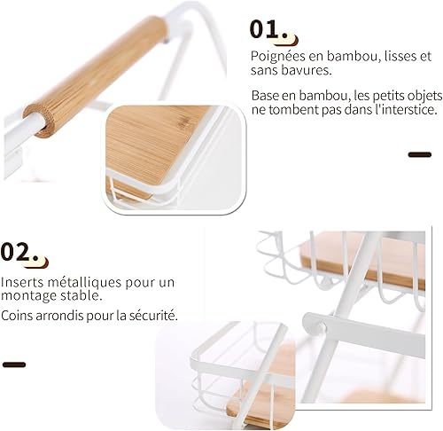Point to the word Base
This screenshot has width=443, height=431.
point(265,96)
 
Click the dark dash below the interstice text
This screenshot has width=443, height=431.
point(420,154)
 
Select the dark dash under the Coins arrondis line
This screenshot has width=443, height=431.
point(14,364)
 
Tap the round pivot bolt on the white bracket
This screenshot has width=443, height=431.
point(321,327)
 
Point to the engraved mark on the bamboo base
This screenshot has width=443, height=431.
point(185,121)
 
